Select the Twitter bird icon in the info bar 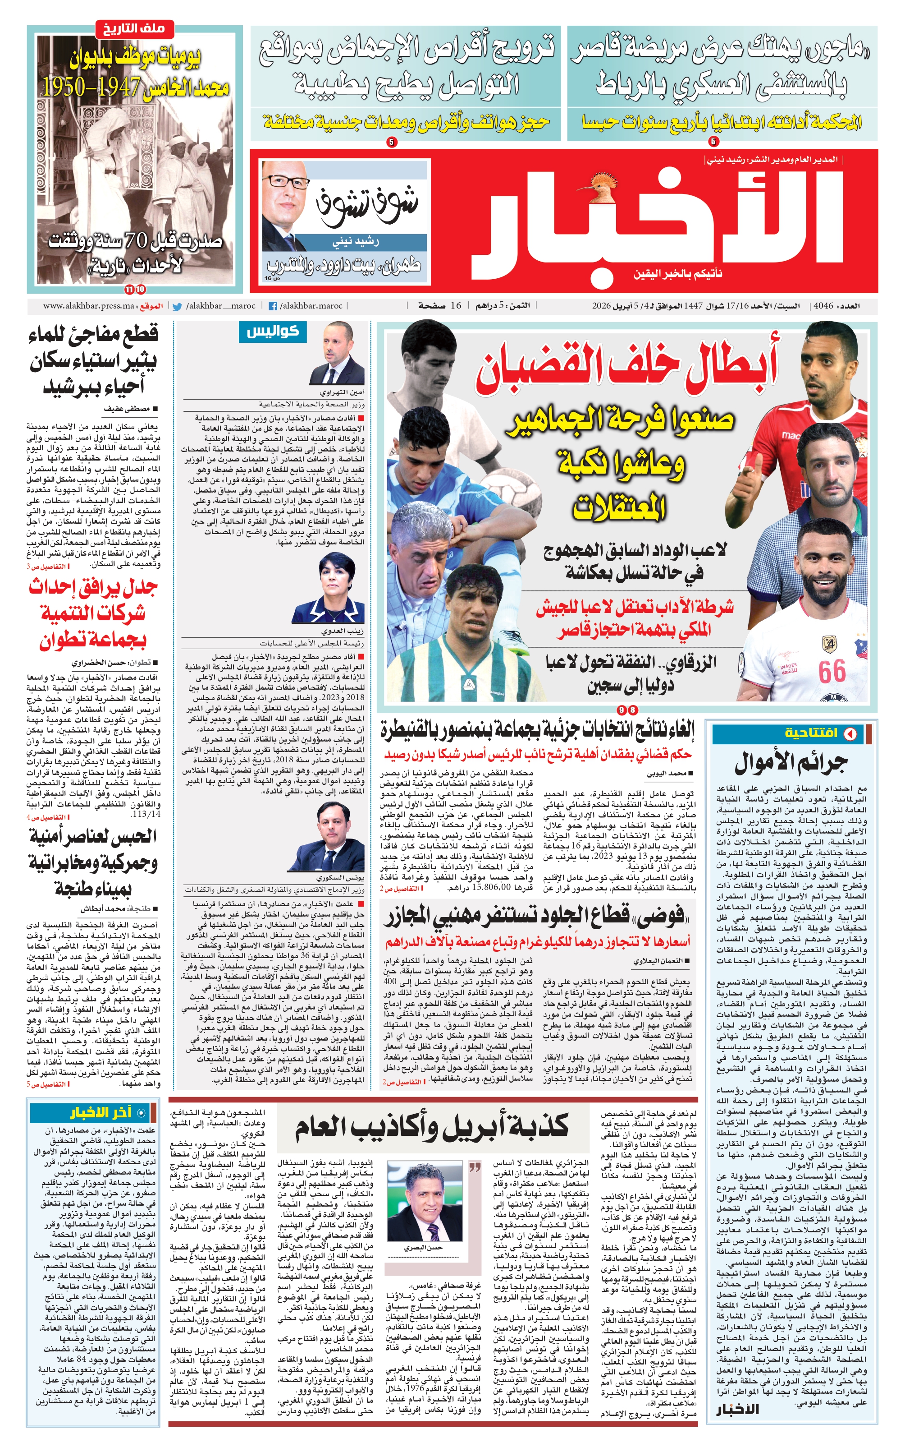coord(177,306)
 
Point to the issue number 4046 coord(823,306)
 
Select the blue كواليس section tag coord(272,331)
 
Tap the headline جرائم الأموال coord(791,763)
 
